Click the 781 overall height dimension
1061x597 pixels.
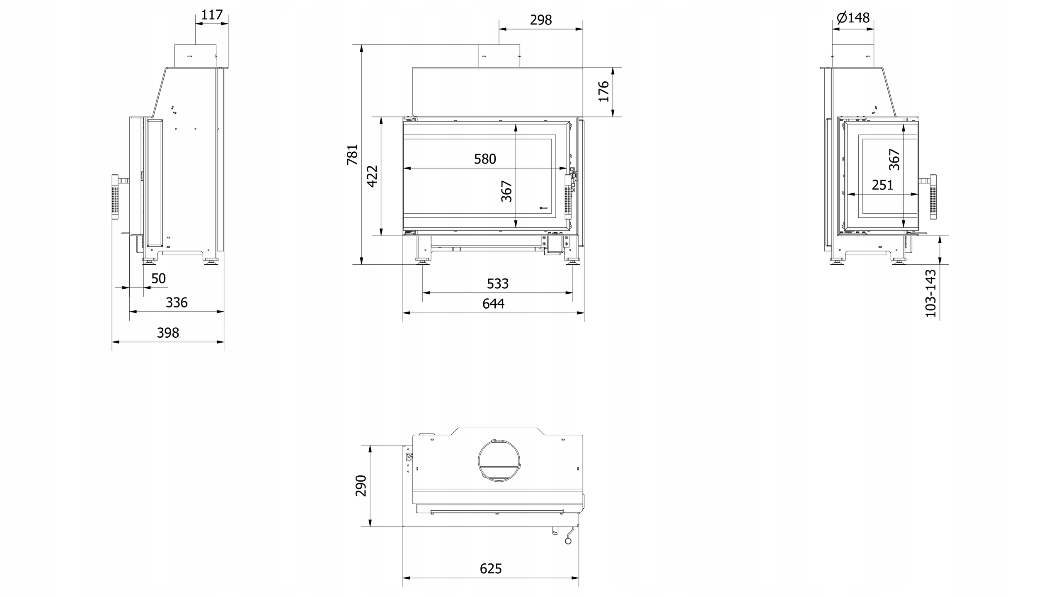[x=352, y=155]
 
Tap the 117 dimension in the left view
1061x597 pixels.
[x=212, y=15]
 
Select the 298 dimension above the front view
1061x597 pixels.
[x=541, y=20]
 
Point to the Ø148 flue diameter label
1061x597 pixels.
[x=853, y=18]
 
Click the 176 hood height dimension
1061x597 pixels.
[x=604, y=91]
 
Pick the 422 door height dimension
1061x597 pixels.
[x=372, y=176]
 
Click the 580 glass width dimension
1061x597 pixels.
[x=485, y=159]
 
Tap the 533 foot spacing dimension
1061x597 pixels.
[x=497, y=284]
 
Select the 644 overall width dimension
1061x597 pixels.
[x=493, y=304]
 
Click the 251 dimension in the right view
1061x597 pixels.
[x=882, y=185]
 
